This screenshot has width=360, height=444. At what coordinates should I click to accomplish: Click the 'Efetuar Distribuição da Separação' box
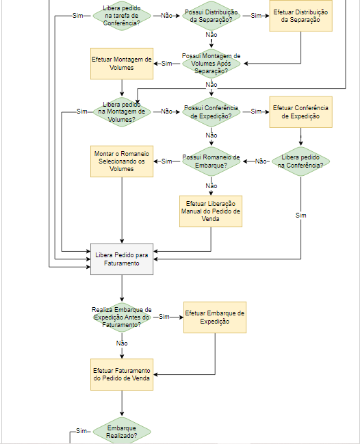(x=300, y=16)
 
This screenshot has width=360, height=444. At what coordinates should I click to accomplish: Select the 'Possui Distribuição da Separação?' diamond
(x=211, y=16)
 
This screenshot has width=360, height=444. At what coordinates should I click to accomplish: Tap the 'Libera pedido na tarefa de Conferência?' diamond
(x=122, y=16)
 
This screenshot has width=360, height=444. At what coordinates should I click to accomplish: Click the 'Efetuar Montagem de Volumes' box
(x=122, y=64)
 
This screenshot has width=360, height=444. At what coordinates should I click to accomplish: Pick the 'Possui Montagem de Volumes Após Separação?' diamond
(x=211, y=64)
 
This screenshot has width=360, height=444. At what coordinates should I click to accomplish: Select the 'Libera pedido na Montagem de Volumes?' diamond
(x=122, y=112)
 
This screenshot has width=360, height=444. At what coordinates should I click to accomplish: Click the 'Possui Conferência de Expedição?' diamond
(x=211, y=112)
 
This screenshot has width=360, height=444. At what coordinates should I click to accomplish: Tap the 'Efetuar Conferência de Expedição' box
(x=300, y=112)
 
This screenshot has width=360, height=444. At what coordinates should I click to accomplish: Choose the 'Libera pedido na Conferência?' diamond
(x=300, y=161)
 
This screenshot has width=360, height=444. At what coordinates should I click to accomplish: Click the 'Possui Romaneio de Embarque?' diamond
(x=211, y=161)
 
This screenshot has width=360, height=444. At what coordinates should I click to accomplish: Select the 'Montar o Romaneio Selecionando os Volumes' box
(x=122, y=161)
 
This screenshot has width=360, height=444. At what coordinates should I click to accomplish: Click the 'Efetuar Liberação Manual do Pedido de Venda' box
(x=211, y=211)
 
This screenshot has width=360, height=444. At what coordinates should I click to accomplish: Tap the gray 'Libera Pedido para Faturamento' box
(x=122, y=259)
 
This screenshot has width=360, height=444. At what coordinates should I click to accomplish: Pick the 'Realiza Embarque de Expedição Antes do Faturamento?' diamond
(x=122, y=317)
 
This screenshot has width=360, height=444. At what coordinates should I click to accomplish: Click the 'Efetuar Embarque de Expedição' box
(x=215, y=317)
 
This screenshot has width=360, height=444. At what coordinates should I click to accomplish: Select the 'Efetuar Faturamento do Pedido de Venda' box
(x=122, y=375)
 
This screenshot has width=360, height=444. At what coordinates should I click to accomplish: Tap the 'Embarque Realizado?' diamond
(x=122, y=432)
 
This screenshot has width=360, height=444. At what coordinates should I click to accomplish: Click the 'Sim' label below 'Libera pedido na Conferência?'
(x=301, y=216)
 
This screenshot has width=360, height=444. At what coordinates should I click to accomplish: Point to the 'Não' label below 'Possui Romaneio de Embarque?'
(x=211, y=186)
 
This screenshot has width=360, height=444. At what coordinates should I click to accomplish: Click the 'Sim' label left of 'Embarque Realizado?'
(x=81, y=431)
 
